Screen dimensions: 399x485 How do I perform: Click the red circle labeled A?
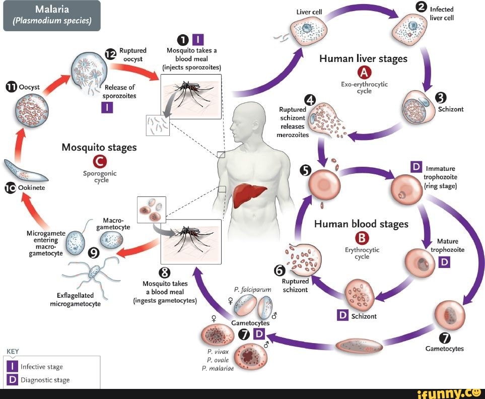(x=364, y=73)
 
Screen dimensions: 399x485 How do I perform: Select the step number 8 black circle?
(x=165, y=273)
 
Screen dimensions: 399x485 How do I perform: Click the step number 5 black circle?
(x=305, y=170)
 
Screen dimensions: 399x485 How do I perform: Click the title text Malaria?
(x=52, y=10)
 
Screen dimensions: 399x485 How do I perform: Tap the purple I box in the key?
(x=13, y=366)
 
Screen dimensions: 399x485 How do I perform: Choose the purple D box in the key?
(x=13, y=380)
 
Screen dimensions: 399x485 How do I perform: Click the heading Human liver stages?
(x=363, y=58)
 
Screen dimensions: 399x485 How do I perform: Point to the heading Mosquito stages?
(x=99, y=147)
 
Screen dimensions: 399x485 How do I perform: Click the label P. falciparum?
(x=246, y=289)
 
